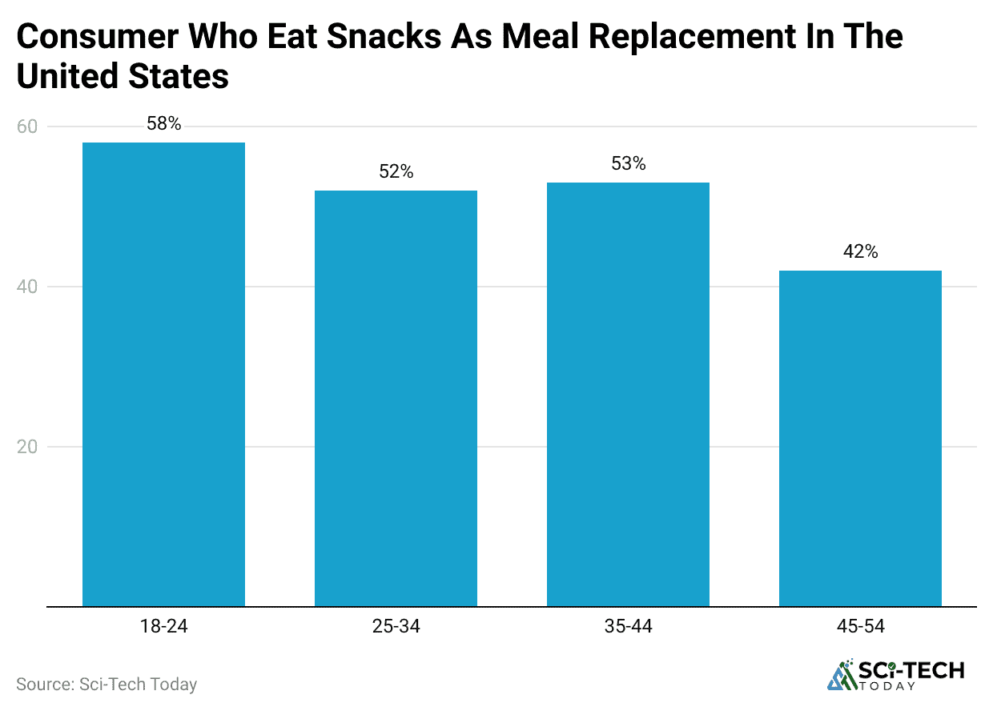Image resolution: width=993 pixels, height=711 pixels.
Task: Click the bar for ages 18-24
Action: point(163,374)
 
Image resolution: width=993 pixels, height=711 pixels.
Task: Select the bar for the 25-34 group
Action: point(396,398)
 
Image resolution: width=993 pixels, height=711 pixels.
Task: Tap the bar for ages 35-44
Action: point(628,394)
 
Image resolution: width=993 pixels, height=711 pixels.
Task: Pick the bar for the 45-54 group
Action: point(860,438)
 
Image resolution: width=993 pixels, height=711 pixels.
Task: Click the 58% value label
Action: point(163,124)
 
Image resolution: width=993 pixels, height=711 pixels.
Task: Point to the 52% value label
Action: point(396,172)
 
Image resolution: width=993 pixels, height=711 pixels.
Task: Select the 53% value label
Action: point(628,164)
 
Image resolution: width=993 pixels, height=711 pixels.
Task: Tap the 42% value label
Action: point(860,252)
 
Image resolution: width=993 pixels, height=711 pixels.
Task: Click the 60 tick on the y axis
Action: point(28,127)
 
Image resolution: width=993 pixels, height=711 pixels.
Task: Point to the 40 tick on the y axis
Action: point(28,287)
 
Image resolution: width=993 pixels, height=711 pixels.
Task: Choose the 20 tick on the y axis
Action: point(28,447)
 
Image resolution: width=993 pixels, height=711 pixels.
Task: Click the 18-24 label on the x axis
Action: point(163,626)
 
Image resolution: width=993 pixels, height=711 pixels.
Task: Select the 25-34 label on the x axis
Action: point(396,626)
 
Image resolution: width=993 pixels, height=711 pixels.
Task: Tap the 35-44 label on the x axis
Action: point(628,626)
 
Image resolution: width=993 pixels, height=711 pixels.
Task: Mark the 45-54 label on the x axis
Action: point(860,626)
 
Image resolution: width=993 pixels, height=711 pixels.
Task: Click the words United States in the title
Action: point(123,77)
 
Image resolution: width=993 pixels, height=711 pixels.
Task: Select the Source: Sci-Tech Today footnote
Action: point(107,685)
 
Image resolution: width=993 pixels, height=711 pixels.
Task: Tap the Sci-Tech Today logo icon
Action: point(841,675)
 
